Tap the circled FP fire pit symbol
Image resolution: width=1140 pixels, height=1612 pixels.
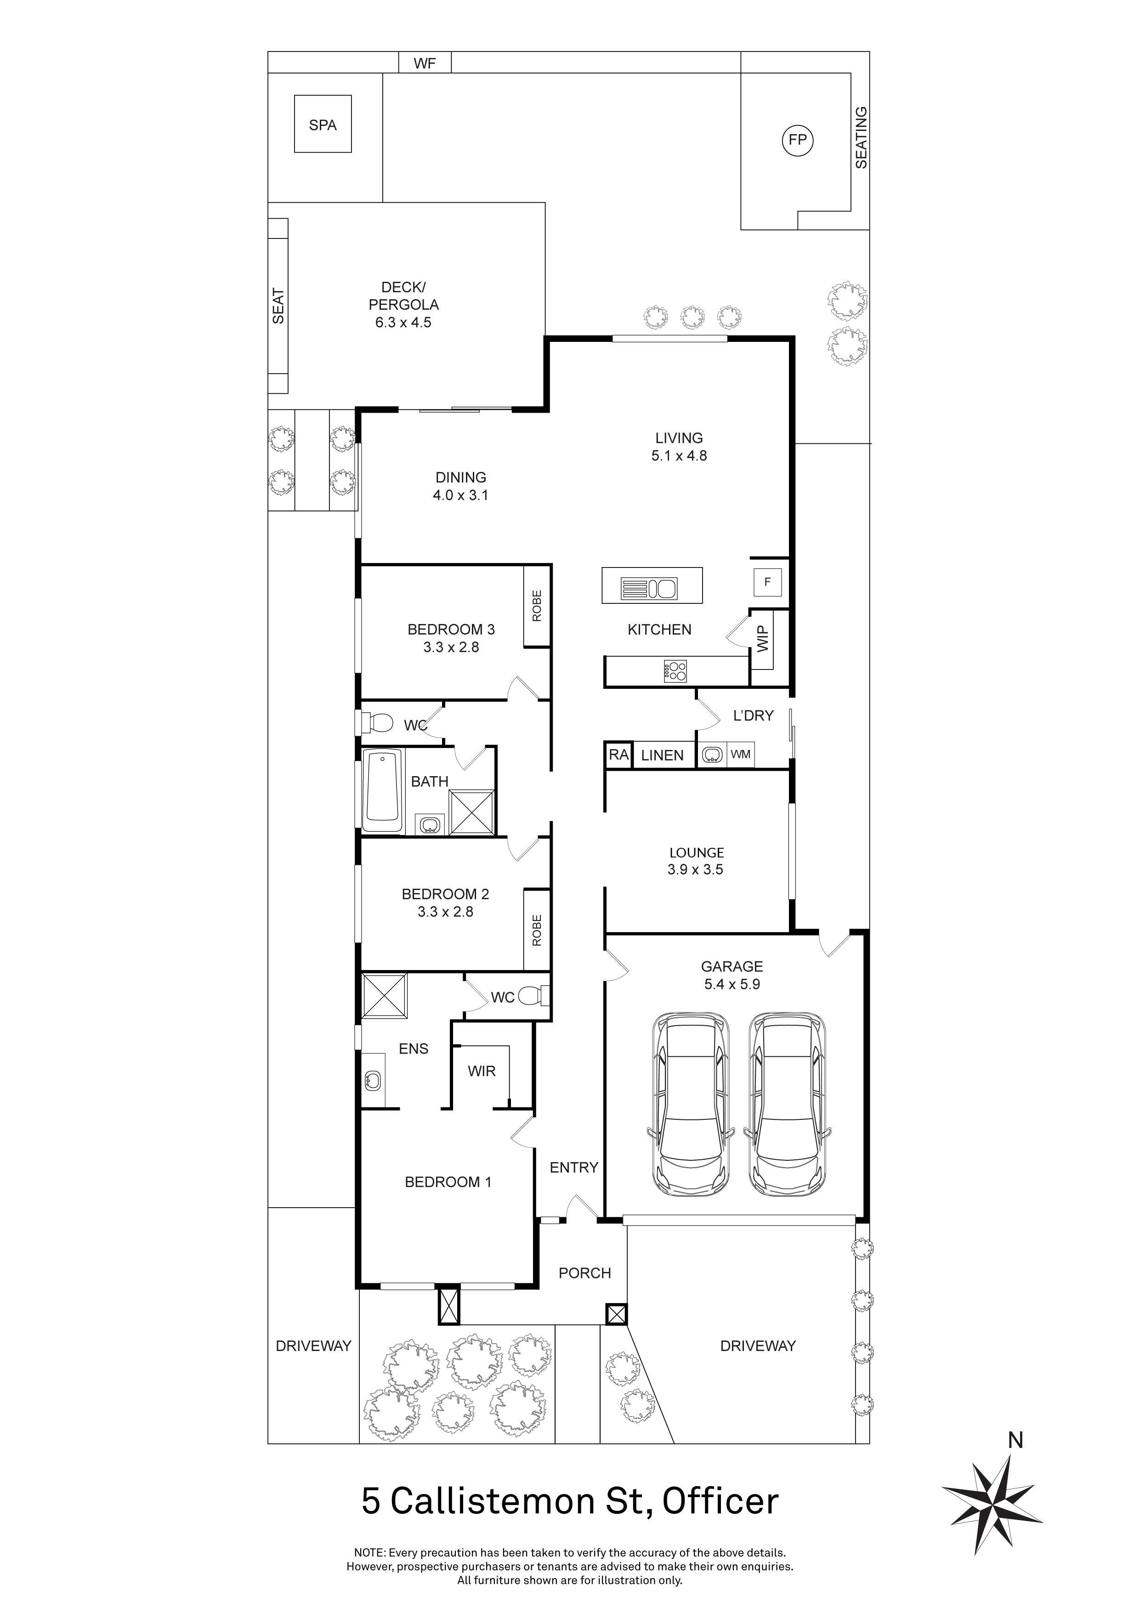click(797, 140)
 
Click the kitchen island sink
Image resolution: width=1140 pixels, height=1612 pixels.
click(663, 588)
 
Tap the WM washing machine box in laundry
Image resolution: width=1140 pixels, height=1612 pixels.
click(741, 755)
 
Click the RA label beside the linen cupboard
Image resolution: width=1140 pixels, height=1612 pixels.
click(618, 755)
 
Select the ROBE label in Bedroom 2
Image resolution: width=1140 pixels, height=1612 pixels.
click(537, 930)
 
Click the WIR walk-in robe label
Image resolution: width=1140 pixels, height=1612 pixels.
click(482, 1071)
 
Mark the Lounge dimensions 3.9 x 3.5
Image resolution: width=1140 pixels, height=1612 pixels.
click(696, 869)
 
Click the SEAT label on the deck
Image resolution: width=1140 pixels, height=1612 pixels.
click(279, 306)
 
